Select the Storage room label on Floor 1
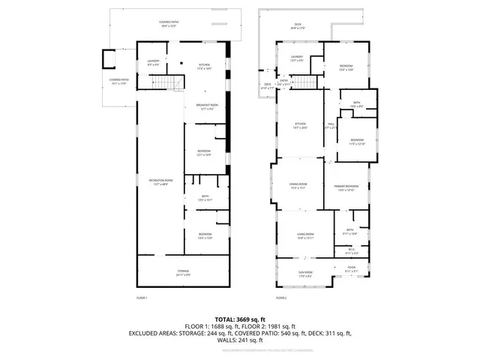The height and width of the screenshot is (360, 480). click(x=183, y=273)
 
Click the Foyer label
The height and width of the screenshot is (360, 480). click(x=352, y=268)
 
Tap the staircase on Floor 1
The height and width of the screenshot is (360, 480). click(x=174, y=82)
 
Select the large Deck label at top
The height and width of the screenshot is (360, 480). click(x=297, y=25)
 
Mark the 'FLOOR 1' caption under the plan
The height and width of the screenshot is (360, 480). click(x=142, y=298)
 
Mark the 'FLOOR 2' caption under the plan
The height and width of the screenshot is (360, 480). click(x=281, y=298)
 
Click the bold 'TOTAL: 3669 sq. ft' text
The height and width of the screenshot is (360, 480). click(x=240, y=319)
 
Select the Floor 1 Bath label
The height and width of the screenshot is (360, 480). click(x=205, y=199)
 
